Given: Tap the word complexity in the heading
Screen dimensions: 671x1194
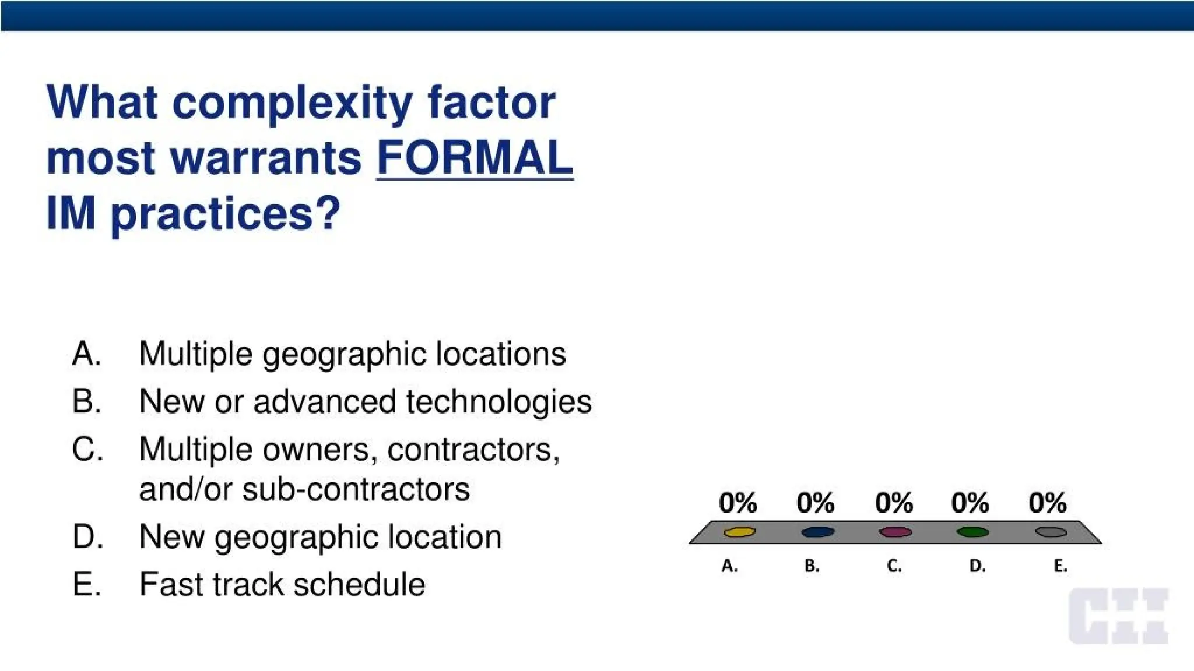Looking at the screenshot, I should pyautogui.click(x=292, y=104).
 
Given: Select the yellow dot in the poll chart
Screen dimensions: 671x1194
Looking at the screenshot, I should pyautogui.click(x=739, y=532).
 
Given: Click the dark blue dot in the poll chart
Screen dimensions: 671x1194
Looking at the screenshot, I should pyautogui.click(x=817, y=532).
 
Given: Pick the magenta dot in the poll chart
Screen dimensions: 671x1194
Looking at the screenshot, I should pyautogui.click(x=895, y=532).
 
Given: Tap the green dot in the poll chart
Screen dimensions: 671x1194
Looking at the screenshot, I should pyautogui.click(x=972, y=532).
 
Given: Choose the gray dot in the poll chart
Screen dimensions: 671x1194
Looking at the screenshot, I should pyautogui.click(x=1051, y=532).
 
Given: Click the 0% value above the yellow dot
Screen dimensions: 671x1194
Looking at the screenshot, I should pyautogui.click(x=738, y=502).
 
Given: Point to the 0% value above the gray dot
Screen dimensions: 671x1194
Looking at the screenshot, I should pyautogui.click(x=1047, y=502).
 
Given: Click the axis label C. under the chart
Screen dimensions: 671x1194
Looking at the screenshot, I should pyautogui.click(x=894, y=566).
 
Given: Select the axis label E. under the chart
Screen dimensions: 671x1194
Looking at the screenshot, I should pyautogui.click(x=1060, y=566).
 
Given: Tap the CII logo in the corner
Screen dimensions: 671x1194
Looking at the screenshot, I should pyautogui.click(x=1118, y=616).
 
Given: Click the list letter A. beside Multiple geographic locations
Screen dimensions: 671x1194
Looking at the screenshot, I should pyautogui.click(x=87, y=354).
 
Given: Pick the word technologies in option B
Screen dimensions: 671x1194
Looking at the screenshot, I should pyautogui.click(x=498, y=401).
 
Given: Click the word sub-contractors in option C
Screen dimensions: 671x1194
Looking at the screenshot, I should pyautogui.click(x=356, y=489).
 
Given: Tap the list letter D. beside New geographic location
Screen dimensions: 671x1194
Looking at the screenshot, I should pyautogui.click(x=87, y=536).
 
